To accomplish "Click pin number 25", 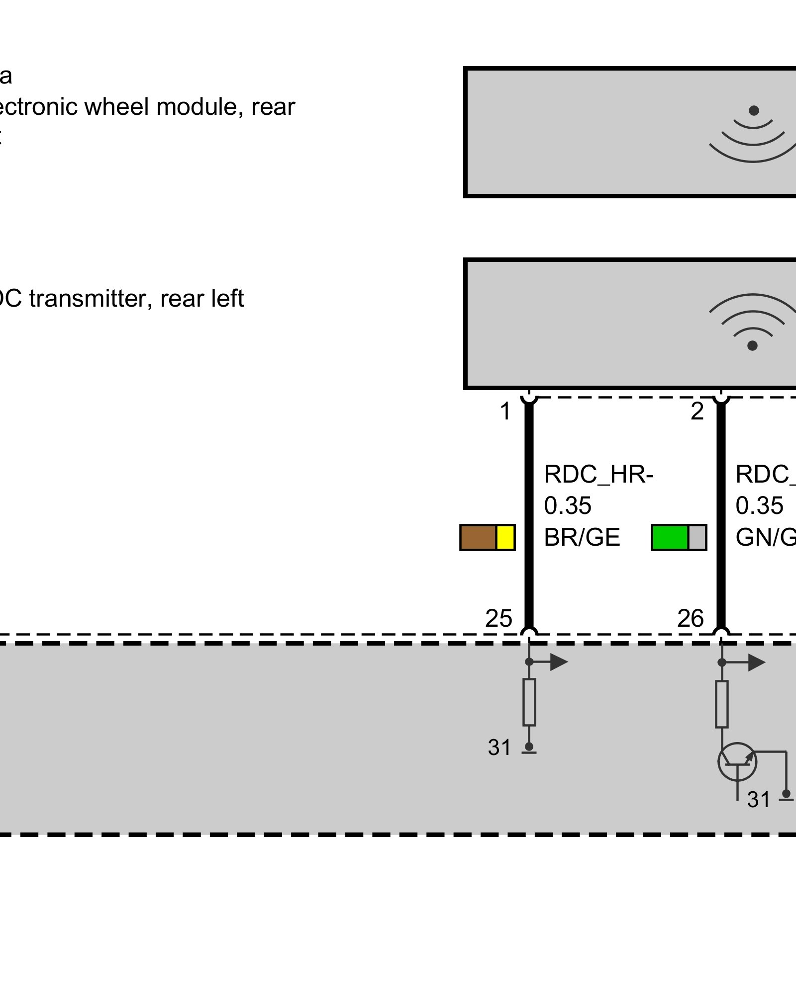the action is (x=498, y=619).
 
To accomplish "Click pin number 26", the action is (x=690, y=619).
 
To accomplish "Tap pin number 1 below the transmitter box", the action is (x=505, y=412).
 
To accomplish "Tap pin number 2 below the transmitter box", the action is (x=697, y=412).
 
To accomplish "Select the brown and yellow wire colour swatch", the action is (x=487, y=537).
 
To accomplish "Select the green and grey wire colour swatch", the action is (x=679, y=537).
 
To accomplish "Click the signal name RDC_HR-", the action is (x=598, y=474).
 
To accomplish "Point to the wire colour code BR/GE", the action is (x=582, y=537).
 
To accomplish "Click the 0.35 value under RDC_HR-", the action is (x=568, y=506).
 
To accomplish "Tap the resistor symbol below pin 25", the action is (x=529, y=702).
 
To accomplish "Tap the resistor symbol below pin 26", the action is (x=721, y=704).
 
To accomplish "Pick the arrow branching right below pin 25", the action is (x=557, y=662).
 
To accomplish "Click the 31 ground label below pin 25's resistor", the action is (x=499, y=747).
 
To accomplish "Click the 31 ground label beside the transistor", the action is (x=758, y=800).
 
